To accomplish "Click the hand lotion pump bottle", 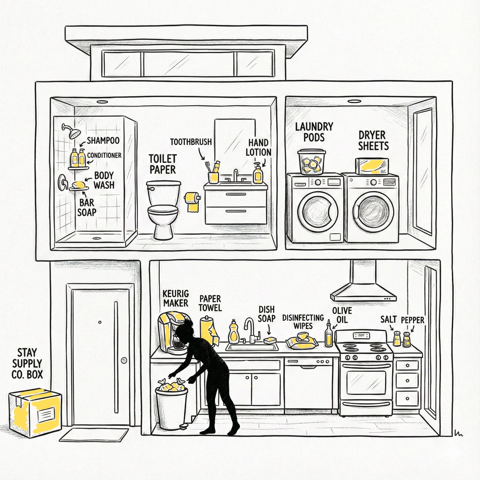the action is pos(258,174).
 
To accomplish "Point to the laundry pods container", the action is pos(311,162).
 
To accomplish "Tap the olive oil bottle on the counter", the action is pos(328,336).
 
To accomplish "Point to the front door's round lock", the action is pos(124,360).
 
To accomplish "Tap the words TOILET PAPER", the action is pos(163,164).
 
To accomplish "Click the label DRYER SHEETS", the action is pos(373,141).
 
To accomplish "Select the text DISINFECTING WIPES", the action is pos(303,322).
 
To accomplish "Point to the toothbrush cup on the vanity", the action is pos(213,177).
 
